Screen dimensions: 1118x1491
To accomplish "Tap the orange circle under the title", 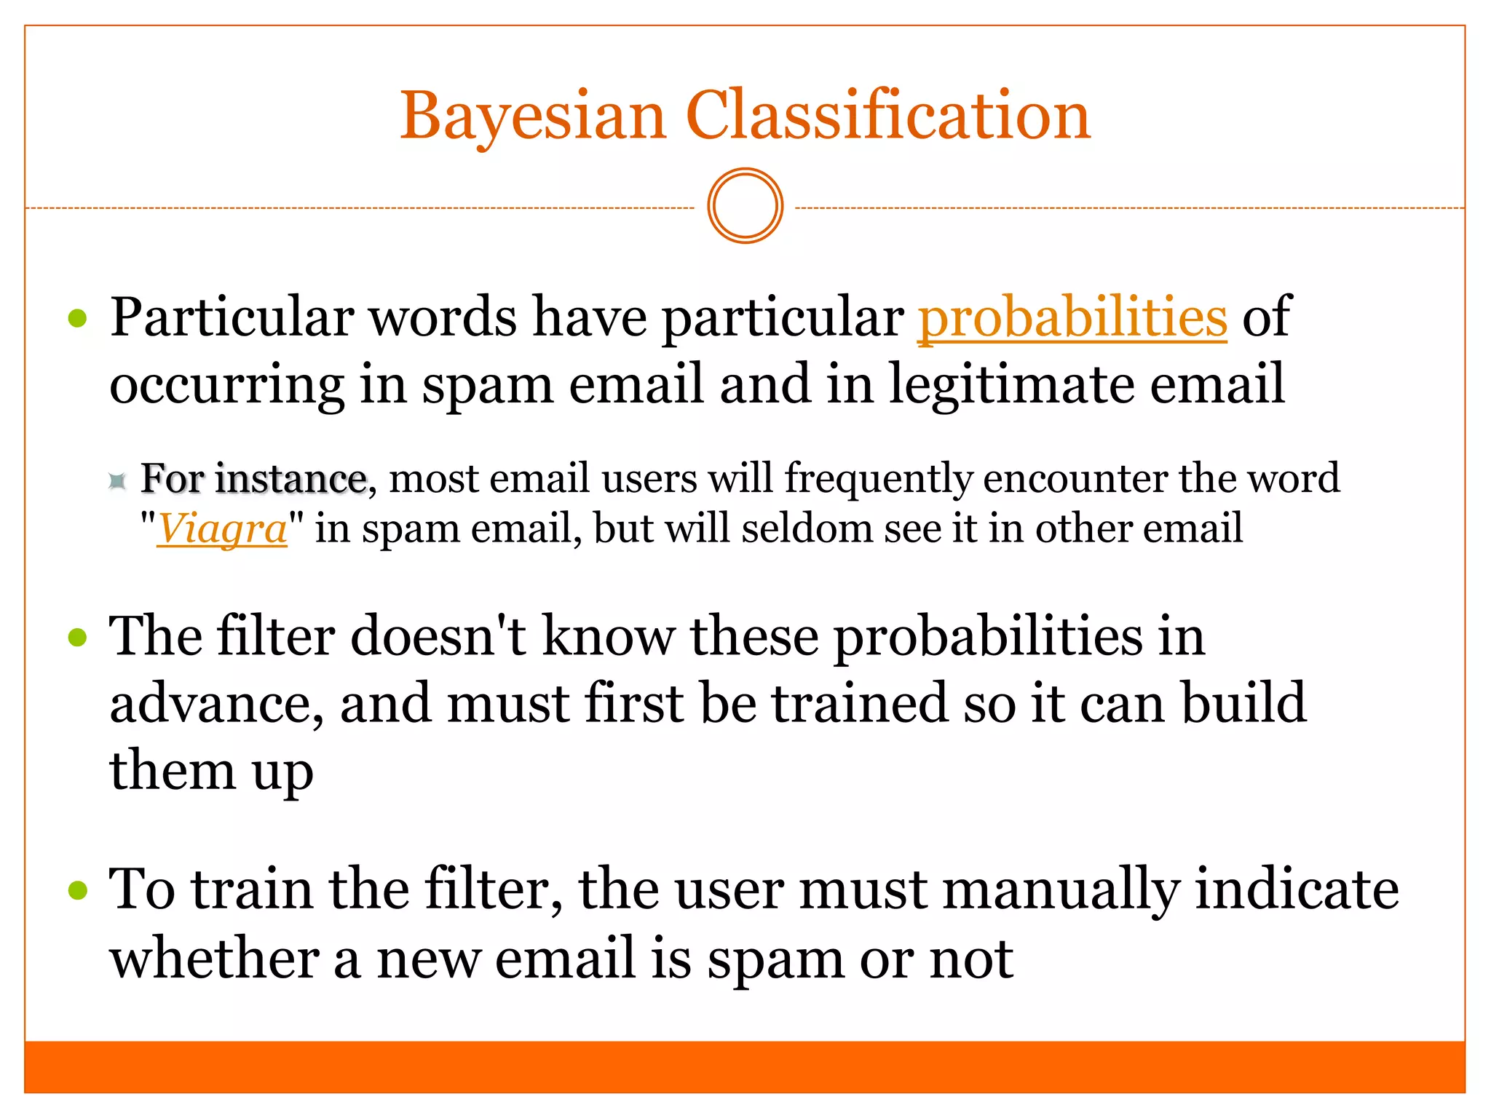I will [x=745, y=206].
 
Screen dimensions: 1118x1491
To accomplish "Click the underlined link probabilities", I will [x=1072, y=318].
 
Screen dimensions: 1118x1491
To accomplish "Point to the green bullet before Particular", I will [x=77, y=318].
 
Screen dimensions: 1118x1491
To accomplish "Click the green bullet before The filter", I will [x=77, y=638].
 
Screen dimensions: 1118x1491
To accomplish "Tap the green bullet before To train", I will [x=77, y=890].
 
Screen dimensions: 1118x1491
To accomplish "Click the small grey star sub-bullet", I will [x=117, y=480].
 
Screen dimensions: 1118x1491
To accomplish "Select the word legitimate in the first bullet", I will [x=1011, y=384].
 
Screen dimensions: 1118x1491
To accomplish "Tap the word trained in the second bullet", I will [x=860, y=704].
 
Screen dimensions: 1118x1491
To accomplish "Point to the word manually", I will [x=1060, y=890].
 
